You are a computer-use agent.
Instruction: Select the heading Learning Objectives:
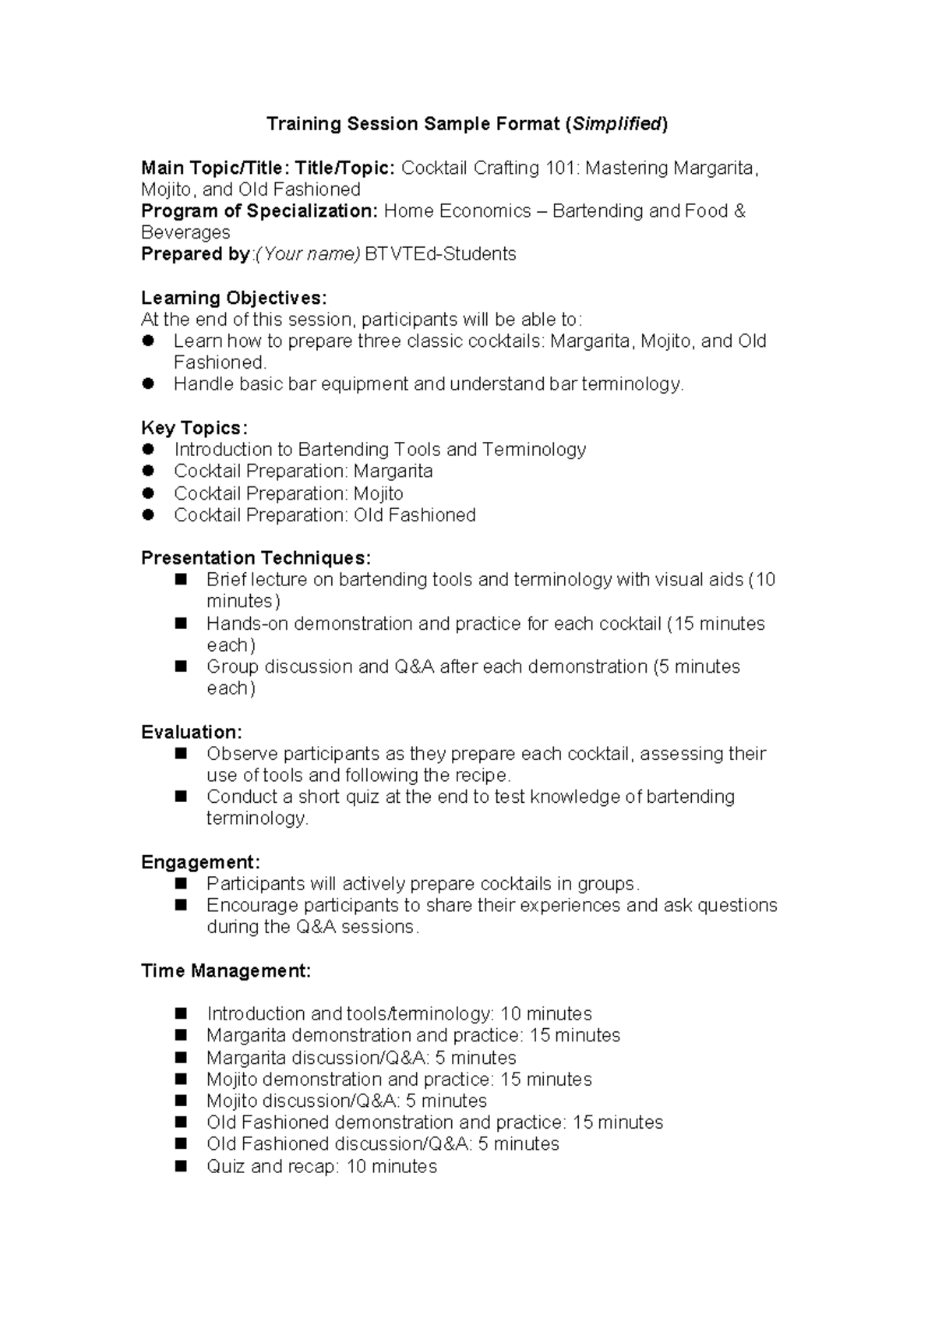pos(234,298)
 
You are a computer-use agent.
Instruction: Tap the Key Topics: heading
pos(194,428)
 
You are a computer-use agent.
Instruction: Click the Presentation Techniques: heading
pos(256,558)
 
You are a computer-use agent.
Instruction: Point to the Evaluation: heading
pos(191,732)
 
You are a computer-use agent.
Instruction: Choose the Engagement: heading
pos(200,862)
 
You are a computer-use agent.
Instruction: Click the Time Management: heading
pos(226,970)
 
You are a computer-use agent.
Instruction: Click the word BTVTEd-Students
pos(440,254)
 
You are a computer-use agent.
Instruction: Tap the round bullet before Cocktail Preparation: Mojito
pos(149,493)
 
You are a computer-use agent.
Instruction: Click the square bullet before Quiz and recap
pos(182,1166)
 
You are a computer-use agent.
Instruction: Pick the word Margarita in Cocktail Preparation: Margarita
pos(393,472)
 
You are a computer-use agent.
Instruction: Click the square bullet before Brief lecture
pos(182,579)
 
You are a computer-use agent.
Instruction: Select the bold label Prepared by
pos(195,254)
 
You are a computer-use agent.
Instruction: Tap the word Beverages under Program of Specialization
pos(185,232)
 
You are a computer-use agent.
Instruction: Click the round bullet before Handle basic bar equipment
pos(149,384)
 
